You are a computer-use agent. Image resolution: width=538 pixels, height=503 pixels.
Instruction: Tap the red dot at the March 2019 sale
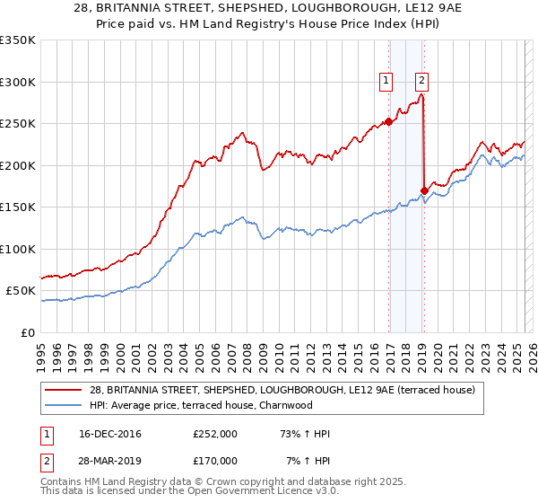[424, 190]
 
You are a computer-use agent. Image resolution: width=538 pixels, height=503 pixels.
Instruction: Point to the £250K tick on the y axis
[18, 124]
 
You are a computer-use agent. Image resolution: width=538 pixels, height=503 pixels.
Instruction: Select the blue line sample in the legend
[65, 405]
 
